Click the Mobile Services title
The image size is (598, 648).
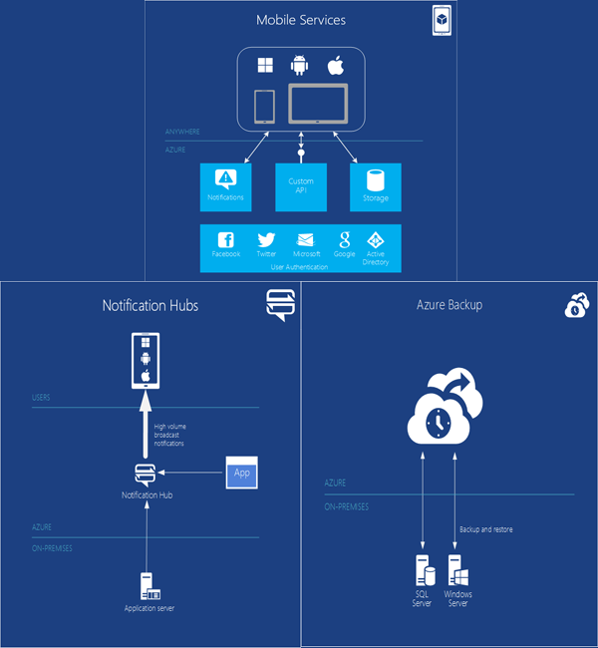[300, 20]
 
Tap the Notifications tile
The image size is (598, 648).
[225, 186]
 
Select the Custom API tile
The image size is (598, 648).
[300, 186]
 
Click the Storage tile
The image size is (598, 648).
[376, 186]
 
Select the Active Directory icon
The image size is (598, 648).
[376, 240]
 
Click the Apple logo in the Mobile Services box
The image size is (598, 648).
[336, 67]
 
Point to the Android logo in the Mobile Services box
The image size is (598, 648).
[299, 67]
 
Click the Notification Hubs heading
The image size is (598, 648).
[150, 305]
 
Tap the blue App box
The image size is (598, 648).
[241, 474]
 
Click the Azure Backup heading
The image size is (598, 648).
[449, 305]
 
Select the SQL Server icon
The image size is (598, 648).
[423, 572]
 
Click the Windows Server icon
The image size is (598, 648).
[459, 572]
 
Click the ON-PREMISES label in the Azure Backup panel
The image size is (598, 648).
[347, 506]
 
